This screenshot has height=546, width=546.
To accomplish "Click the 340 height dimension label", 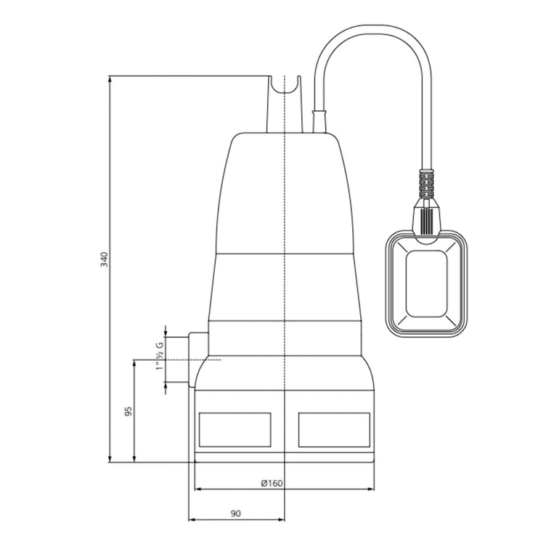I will [103, 259].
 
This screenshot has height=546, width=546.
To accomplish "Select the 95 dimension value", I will [128, 412].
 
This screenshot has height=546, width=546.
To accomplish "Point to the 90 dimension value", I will [235, 513].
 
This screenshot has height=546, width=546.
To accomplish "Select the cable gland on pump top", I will [319, 121].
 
